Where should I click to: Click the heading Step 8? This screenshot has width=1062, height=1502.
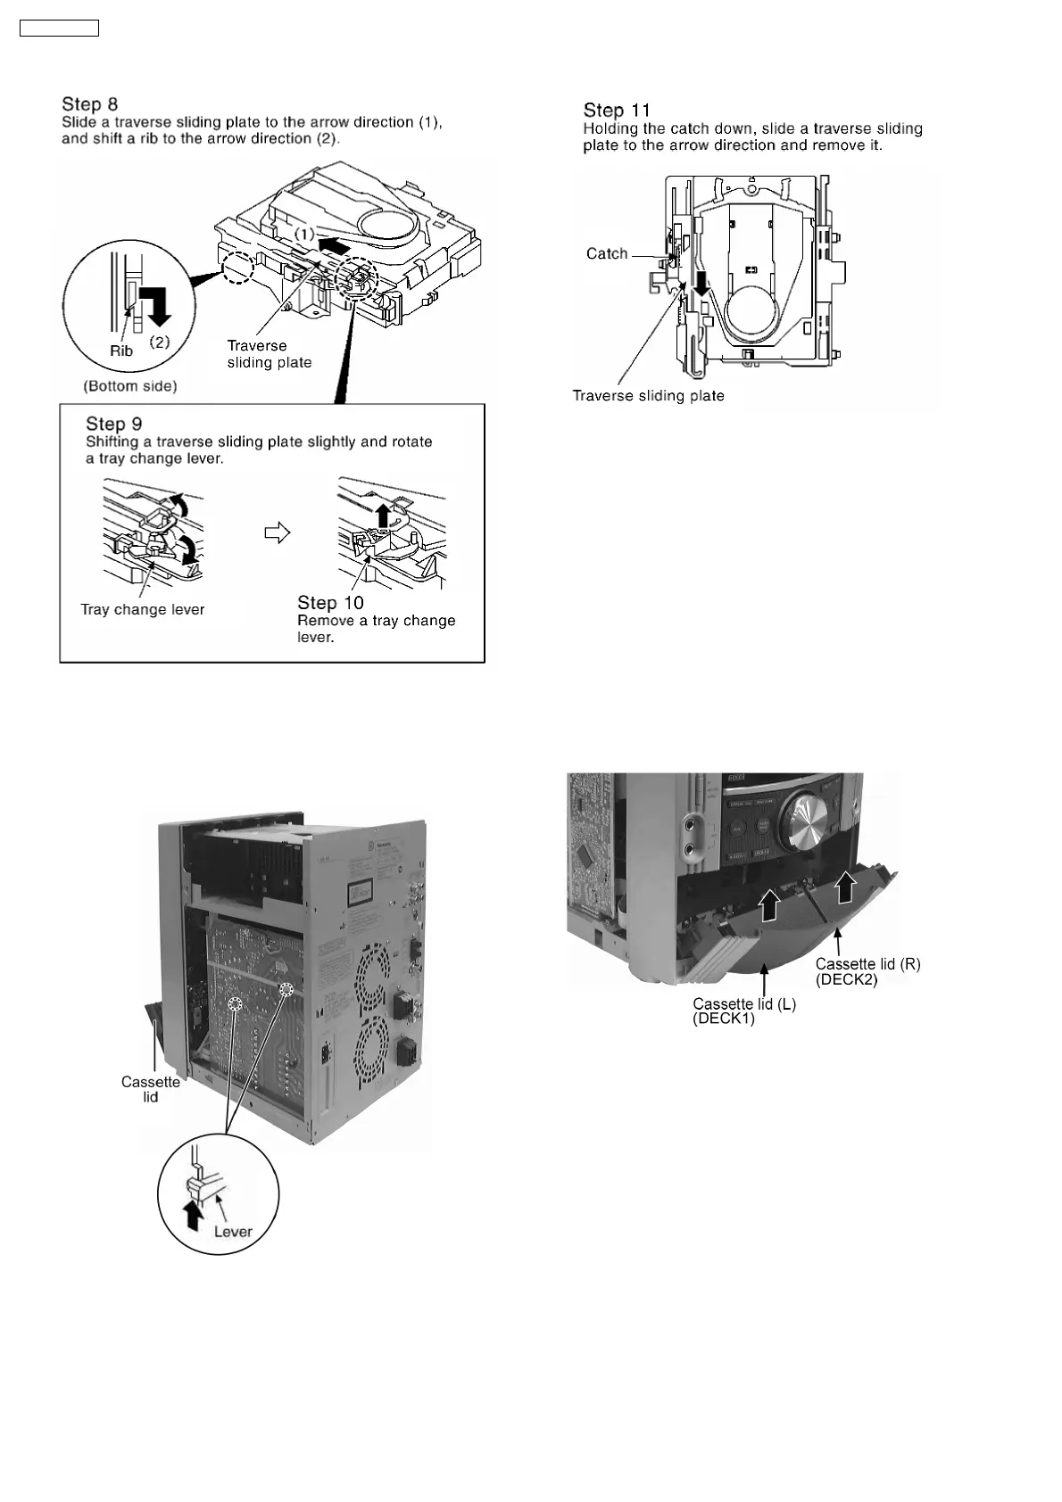(x=89, y=104)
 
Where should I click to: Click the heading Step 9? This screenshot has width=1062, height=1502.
(x=113, y=424)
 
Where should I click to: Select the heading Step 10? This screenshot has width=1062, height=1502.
(x=330, y=603)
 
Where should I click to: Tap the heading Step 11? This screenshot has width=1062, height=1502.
(x=617, y=110)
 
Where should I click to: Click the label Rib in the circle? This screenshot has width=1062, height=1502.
(x=121, y=351)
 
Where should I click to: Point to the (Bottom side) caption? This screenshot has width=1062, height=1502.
(x=130, y=386)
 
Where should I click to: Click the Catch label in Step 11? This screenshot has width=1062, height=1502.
(x=607, y=254)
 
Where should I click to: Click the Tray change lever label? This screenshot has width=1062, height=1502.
(x=143, y=610)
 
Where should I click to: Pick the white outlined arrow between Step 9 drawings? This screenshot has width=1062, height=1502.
(x=278, y=533)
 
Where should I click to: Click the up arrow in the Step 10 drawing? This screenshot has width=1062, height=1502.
(x=384, y=516)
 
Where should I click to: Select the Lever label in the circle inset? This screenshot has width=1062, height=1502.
(x=233, y=1232)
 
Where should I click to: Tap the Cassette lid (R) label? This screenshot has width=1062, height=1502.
(x=867, y=964)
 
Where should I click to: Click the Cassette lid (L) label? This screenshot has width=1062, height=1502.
(x=744, y=1004)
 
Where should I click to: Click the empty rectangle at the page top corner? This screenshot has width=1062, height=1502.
(x=59, y=29)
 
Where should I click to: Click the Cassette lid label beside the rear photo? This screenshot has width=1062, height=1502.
(x=151, y=1089)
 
